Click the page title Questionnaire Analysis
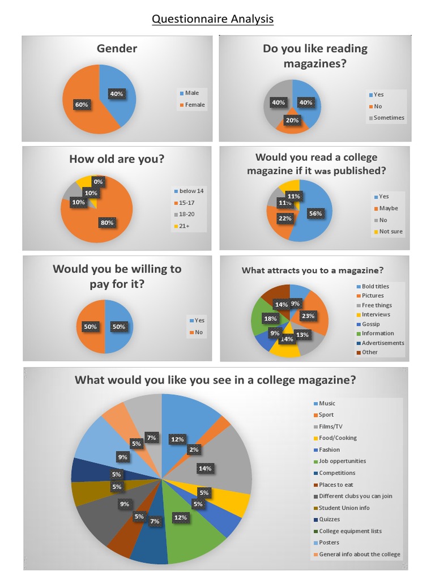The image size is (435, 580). click(212, 19)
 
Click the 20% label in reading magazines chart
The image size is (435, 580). click(292, 120)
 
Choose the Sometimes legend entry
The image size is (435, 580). click(389, 118)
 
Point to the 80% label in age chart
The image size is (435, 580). click(106, 223)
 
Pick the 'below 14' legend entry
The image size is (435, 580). click(191, 191)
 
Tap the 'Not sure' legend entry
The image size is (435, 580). click(391, 231)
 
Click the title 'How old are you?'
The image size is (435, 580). click(117, 159)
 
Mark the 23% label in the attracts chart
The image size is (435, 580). click(308, 316)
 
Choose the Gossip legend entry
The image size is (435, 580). click(370, 324)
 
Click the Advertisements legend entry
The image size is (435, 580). click(383, 343)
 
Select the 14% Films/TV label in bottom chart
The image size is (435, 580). click(204, 468)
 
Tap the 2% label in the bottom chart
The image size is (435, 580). click(194, 450)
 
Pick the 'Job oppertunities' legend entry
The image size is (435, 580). click(342, 461)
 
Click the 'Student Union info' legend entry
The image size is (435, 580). click(344, 507)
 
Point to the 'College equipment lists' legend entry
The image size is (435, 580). click(350, 531)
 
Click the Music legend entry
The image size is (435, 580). click(327, 403)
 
